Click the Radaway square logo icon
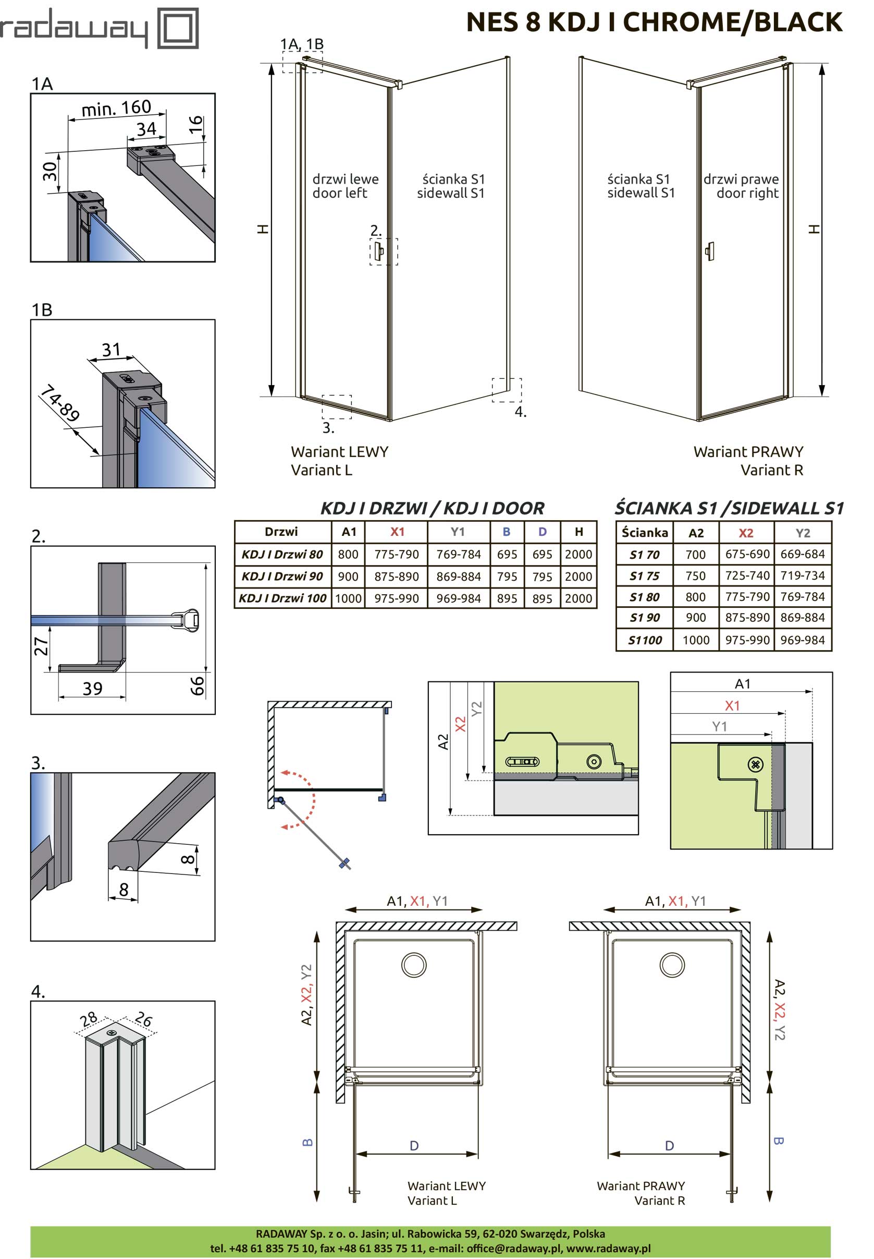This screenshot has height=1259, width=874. (178, 28)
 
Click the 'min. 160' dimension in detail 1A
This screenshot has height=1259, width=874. (116, 108)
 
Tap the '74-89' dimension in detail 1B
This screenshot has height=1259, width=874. (60, 402)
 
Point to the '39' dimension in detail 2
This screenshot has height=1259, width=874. (92, 688)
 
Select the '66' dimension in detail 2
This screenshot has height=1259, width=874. (196, 686)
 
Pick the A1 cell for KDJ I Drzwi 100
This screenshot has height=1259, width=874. (348, 598)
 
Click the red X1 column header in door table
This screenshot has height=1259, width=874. (397, 532)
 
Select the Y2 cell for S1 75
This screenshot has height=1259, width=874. (802, 575)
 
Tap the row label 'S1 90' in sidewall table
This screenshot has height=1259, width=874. (645, 618)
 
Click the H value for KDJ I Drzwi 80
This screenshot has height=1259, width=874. (578, 554)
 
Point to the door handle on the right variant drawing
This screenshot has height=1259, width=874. (710, 251)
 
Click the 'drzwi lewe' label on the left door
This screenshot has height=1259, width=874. (345, 179)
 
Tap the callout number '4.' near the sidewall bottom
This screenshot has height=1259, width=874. (520, 412)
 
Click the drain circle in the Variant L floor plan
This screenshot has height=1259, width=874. (414, 964)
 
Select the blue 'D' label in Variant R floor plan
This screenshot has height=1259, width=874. (669, 1146)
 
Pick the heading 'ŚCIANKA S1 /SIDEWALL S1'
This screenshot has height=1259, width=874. (729, 508)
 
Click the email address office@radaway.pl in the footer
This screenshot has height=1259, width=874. (514, 1248)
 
